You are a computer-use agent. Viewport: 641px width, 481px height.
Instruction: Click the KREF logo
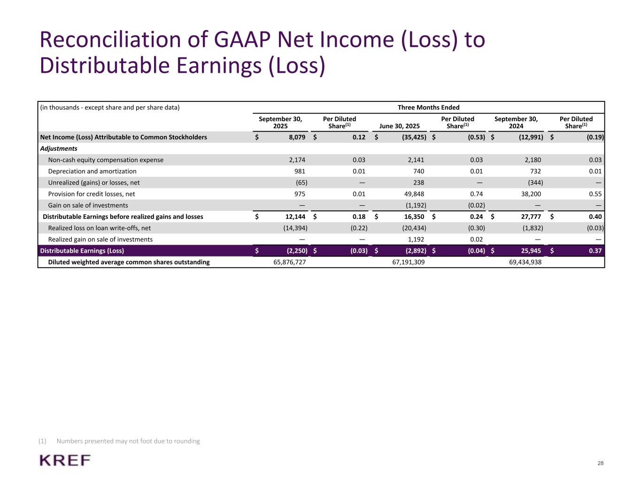(65, 460)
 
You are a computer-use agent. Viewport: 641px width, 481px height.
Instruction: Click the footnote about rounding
(128, 441)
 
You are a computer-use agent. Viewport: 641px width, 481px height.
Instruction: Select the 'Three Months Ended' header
(428, 108)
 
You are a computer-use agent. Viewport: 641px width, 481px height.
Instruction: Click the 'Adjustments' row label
(59, 148)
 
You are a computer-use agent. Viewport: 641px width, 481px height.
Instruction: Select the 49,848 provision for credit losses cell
(413, 194)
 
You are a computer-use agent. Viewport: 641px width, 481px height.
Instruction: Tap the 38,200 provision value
(531, 194)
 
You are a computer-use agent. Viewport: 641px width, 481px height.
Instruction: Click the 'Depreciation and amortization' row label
(92, 171)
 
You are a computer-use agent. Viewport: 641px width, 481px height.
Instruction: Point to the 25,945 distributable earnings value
(531, 251)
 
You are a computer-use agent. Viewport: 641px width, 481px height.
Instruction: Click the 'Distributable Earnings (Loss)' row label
(82, 251)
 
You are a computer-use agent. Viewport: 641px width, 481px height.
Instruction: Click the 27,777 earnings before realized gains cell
(531, 217)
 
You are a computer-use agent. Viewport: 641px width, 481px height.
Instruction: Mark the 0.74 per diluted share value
(476, 194)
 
